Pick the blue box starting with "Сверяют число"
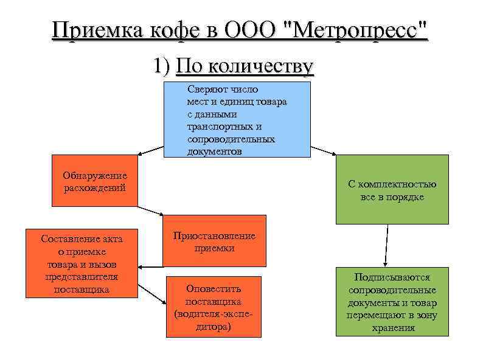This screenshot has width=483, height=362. pyautogui.click(x=237, y=119)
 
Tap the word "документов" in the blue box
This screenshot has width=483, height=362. pyautogui.click(x=215, y=151)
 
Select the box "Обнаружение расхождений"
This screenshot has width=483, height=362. pyautogui.click(x=94, y=182)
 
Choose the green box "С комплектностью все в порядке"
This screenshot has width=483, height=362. pyautogui.click(x=392, y=190)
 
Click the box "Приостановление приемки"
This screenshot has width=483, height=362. pyautogui.click(x=214, y=241)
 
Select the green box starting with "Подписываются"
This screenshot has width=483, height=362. pyautogui.click(x=392, y=302)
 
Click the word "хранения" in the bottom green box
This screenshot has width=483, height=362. pyautogui.click(x=392, y=328)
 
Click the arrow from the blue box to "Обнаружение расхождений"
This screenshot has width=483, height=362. pyautogui.click(x=150, y=151)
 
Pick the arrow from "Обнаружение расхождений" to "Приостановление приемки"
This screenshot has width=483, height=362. pyautogui.click(x=150, y=210)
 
